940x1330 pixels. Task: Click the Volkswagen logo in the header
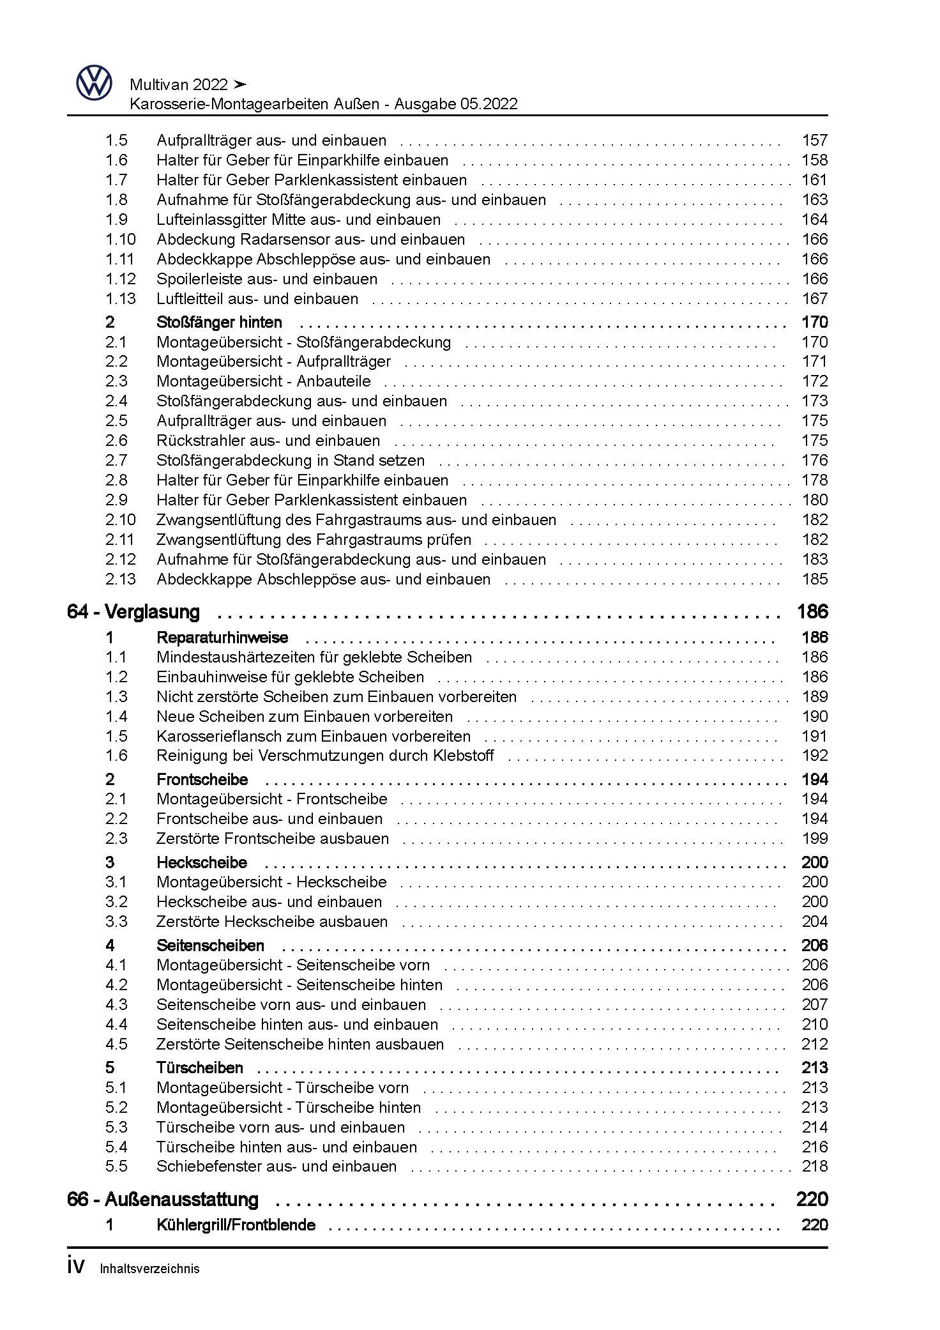click(x=94, y=83)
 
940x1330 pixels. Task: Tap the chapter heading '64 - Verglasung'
click(x=133, y=612)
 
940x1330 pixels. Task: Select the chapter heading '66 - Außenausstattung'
click(x=162, y=1199)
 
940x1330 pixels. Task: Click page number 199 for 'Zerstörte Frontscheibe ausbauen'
click(x=815, y=839)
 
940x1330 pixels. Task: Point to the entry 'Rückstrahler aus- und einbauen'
click(x=268, y=441)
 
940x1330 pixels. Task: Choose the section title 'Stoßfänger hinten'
click(x=219, y=323)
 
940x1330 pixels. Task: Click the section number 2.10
click(x=120, y=520)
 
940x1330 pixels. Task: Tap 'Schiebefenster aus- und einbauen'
click(x=277, y=1166)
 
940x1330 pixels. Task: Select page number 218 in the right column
click(x=815, y=1166)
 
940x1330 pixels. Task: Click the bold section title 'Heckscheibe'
click(x=202, y=862)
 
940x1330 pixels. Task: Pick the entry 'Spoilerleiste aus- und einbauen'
click(x=267, y=279)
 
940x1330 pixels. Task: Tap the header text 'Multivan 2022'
click(x=179, y=85)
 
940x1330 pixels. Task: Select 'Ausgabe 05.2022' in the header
click(x=456, y=104)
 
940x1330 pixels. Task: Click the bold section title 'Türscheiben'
click(x=200, y=1067)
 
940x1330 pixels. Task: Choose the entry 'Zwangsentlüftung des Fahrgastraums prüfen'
click(x=314, y=540)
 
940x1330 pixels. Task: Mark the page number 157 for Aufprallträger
click(x=815, y=141)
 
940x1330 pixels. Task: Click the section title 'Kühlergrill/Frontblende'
click(x=236, y=1225)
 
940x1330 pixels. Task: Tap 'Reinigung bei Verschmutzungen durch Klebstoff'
click(x=325, y=756)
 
